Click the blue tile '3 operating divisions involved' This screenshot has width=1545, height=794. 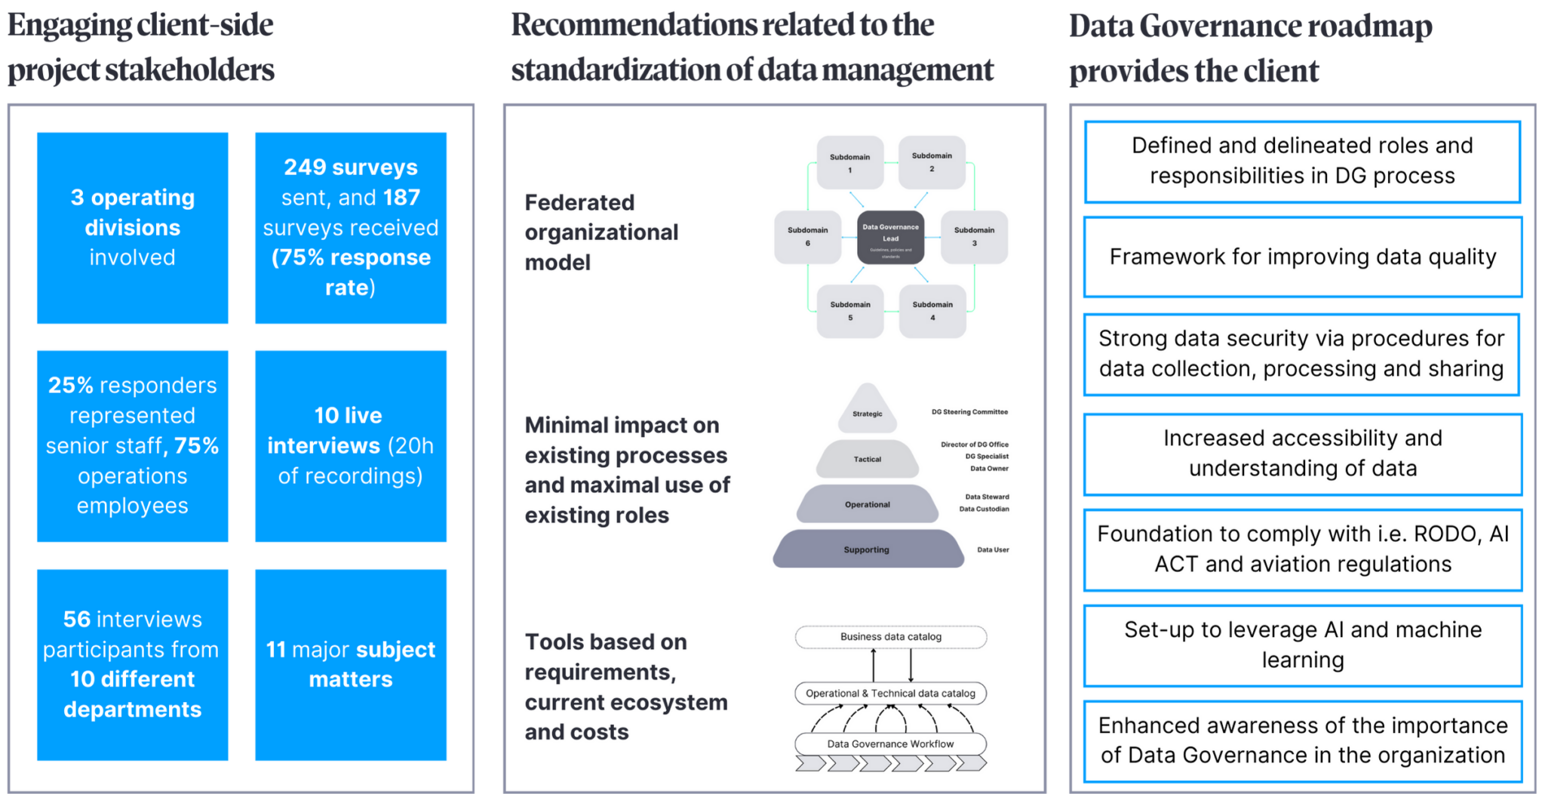click(133, 227)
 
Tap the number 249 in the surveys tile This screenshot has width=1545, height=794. click(304, 167)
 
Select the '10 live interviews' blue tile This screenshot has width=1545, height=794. click(351, 445)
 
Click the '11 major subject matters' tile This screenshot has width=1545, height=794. click(351, 664)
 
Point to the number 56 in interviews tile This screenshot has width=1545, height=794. click(76, 619)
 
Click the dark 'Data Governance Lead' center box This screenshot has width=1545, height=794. click(890, 237)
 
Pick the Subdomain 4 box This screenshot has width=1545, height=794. click(932, 310)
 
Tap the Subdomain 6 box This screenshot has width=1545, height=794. click(807, 236)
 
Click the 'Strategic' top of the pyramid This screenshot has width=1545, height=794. click(868, 412)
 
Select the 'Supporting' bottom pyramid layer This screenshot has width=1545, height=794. click(867, 549)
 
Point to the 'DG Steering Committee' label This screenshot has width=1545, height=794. click(969, 412)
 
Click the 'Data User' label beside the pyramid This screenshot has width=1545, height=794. click(993, 549)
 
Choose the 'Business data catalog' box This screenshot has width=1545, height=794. click(890, 636)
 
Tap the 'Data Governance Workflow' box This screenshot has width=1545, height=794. click(890, 743)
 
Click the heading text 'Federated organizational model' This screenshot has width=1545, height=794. click(601, 232)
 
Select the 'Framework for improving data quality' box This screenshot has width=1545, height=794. click(1302, 257)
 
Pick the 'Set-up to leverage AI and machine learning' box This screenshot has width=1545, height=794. click(1302, 645)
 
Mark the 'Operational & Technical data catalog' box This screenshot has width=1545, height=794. click(890, 693)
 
